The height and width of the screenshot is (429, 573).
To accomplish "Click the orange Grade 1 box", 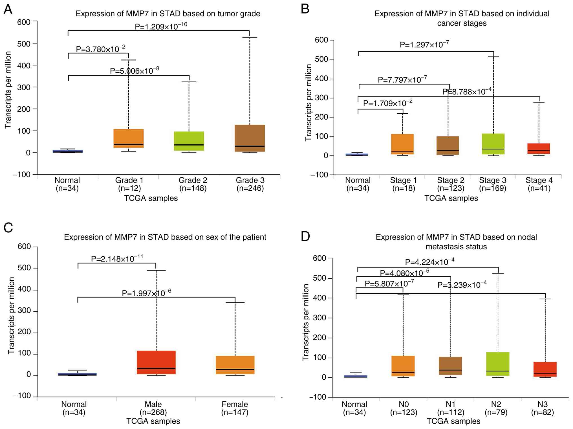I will click(128, 138).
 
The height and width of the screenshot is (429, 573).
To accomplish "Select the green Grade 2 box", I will click(189, 141).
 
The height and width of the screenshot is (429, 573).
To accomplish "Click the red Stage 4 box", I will click(539, 148).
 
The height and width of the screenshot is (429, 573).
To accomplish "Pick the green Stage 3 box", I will click(493, 144).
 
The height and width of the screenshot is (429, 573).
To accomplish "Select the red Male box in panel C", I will click(156, 362).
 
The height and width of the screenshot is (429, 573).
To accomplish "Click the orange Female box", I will click(235, 365).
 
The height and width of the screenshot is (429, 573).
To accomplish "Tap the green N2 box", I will click(498, 364).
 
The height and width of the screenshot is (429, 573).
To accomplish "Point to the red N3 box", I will click(545, 369).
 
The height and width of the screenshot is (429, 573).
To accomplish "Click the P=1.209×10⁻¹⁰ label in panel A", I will click(161, 26).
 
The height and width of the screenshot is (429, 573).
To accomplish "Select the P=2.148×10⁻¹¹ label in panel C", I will click(117, 258).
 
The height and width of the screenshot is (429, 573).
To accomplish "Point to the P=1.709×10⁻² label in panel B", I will click(387, 103).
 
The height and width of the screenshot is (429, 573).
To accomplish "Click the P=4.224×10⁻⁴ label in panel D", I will click(429, 262).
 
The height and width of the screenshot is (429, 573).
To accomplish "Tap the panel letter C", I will click(8, 228).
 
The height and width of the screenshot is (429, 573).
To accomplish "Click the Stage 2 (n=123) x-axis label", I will click(451, 184).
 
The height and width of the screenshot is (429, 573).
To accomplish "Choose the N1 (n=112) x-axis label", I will click(450, 408).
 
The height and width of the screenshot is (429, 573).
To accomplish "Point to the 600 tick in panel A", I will click(24, 22).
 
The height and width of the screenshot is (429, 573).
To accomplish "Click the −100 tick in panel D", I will click(318, 397).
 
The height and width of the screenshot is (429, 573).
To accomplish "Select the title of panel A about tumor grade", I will click(168, 14).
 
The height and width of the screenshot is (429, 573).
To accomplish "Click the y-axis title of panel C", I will click(11, 315).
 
